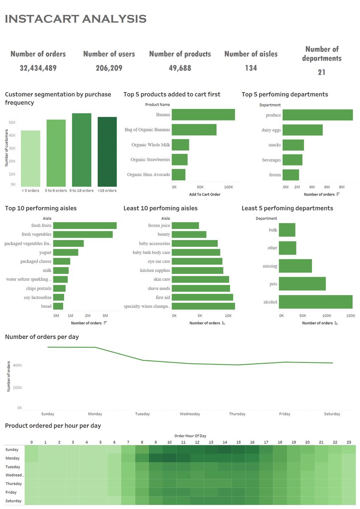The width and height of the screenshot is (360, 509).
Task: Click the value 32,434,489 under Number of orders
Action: [38, 68]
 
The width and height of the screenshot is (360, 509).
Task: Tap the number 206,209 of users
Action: [109, 68]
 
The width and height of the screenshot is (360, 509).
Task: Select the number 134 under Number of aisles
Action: [251, 68]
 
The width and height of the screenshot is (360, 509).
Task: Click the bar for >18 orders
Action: [107, 152]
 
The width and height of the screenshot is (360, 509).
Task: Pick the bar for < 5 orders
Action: [31, 158]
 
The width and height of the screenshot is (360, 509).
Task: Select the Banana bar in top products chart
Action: [203, 115]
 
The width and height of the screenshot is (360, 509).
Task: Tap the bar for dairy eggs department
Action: [302, 130]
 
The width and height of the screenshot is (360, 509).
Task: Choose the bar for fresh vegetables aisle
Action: [83, 234]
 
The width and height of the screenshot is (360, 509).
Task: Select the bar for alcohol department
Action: [315, 302]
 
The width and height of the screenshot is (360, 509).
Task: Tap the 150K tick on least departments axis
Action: [351, 316]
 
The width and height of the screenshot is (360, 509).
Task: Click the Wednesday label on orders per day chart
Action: [190, 414]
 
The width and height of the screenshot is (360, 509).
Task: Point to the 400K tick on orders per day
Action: [17, 365]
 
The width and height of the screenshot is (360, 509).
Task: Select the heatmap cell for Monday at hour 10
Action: [169, 458]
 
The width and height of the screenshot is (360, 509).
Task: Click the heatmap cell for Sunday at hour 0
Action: [31, 450]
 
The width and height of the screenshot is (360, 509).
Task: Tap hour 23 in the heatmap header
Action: [349, 442]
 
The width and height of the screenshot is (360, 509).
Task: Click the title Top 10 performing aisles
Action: [41, 208]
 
